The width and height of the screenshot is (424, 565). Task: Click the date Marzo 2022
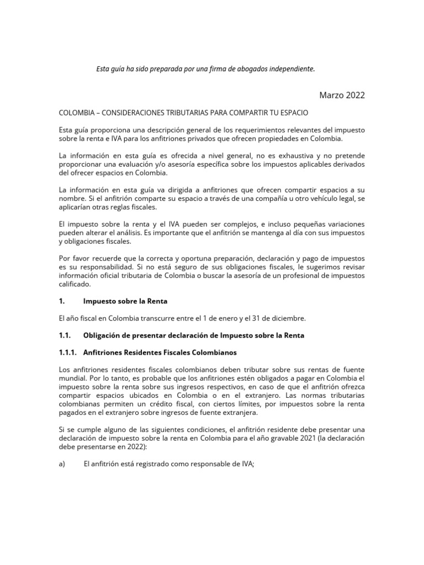click(x=342, y=95)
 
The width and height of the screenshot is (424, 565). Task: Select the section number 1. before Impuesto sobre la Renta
click(x=62, y=301)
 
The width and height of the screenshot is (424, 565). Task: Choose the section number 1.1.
click(x=65, y=335)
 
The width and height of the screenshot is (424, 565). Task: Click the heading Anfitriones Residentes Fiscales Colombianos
click(x=161, y=352)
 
